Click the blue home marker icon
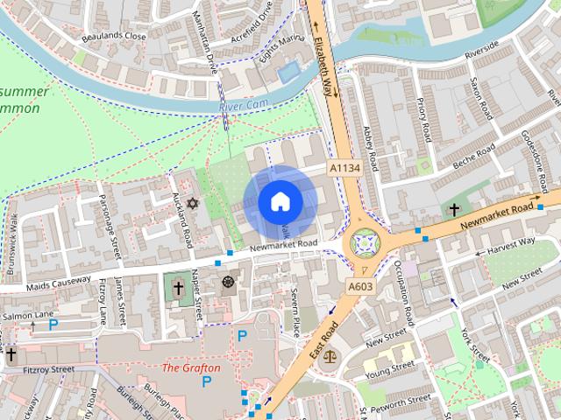click(280, 202)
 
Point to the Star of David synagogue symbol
click(193, 203)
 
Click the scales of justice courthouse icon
click(330, 356)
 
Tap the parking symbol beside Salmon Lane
click(53, 323)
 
